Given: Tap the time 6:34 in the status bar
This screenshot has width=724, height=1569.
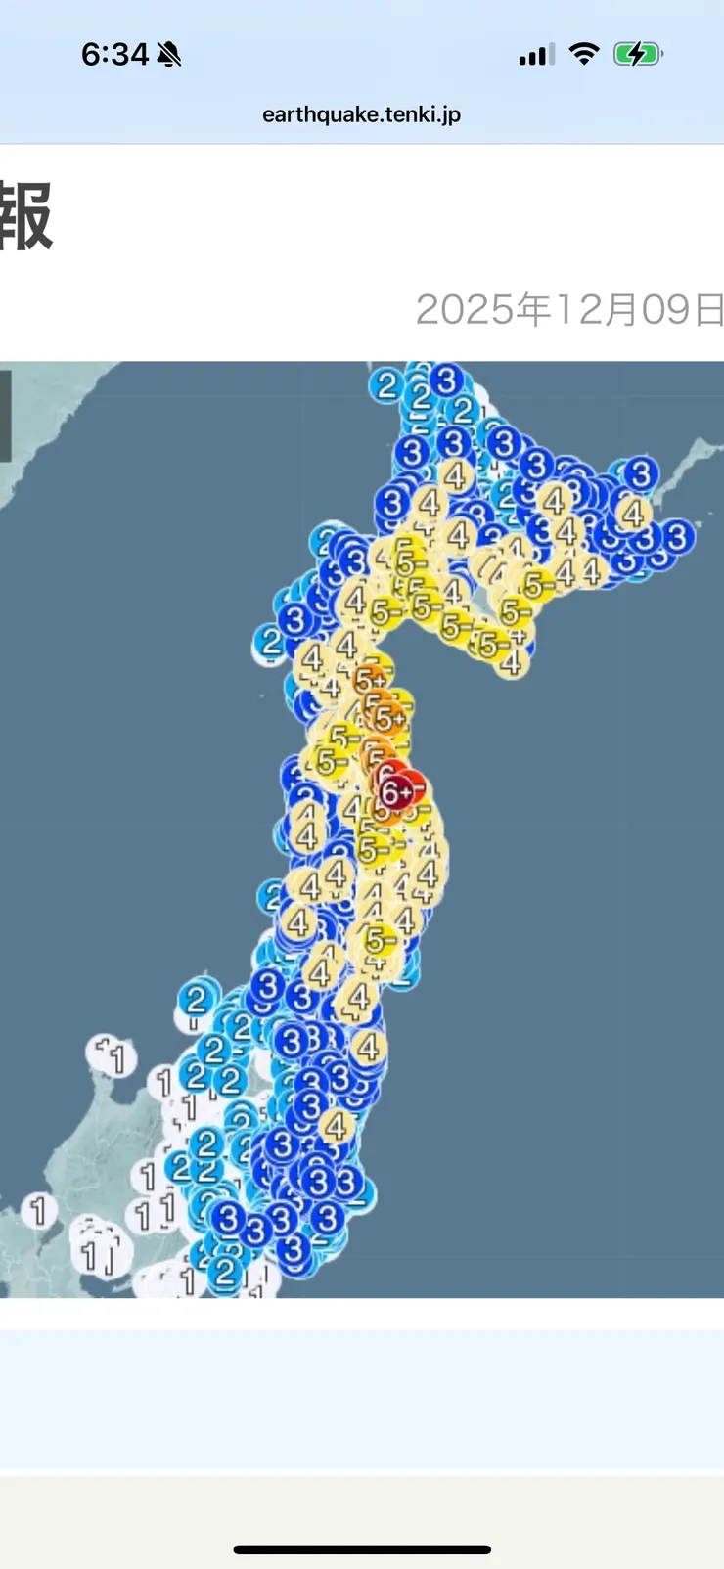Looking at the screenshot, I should pyautogui.click(x=114, y=54).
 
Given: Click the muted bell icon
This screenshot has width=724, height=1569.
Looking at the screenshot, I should pyautogui.click(x=169, y=54).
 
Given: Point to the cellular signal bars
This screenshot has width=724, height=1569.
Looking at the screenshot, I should pyautogui.click(x=536, y=55).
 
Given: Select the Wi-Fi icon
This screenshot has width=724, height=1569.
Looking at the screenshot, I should pyautogui.click(x=584, y=54).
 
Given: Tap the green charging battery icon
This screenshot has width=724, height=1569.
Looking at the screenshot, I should pyautogui.click(x=637, y=54).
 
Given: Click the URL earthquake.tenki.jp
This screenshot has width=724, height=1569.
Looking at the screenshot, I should pyautogui.click(x=361, y=114).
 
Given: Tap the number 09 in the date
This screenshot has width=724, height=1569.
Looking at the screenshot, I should pyautogui.click(x=665, y=310).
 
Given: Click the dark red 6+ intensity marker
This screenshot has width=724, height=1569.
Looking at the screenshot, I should pyautogui.click(x=394, y=792).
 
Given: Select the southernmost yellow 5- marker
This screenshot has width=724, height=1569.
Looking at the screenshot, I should pyautogui.click(x=380, y=941).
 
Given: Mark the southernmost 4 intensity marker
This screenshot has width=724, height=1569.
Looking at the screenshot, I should pyautogui.click(x=337, y=1126).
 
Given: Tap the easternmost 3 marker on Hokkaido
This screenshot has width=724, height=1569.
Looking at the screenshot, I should pyautogui.click(x=677, y=536).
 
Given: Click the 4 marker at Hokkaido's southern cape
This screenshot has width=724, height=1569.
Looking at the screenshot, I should pyautogui.click(x=511, y=662).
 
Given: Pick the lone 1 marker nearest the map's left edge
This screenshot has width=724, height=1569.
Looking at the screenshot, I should pyautogui.click(x=38, y=1210).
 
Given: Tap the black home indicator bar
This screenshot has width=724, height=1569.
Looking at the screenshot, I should pyautogui.click(x=362, y=1549).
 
